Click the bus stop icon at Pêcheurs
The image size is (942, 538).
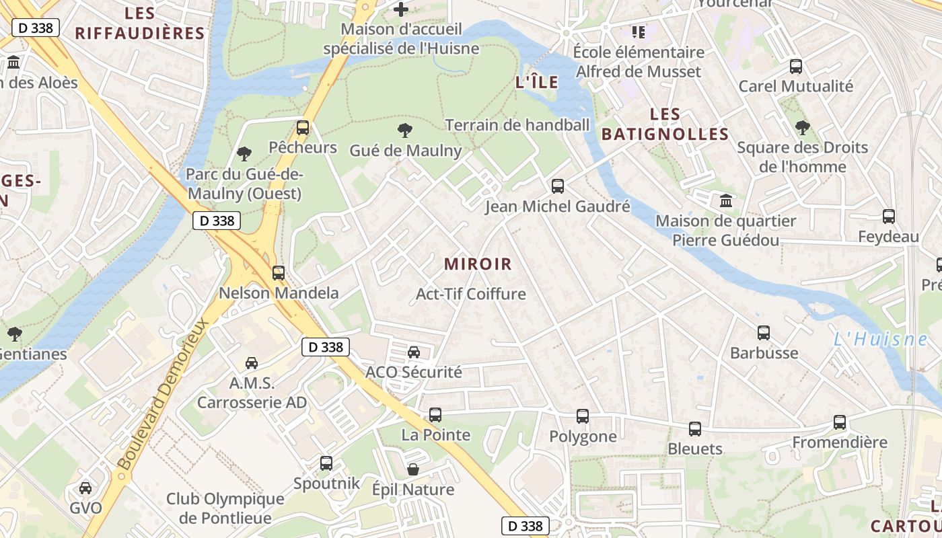pyautogui.click(x=303, y=128)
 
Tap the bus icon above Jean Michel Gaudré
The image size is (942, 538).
pyautogui.click(x=558, y=186)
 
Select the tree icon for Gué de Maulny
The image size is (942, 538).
pyautogui.click(x=405, y=130)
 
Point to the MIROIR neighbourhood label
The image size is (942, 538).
pyautogui.click(x=478, y=264)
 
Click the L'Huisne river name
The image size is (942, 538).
pyautogui.click(x=880, y=340)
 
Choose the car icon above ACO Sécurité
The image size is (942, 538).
pyautogui.click(x=414, y=352)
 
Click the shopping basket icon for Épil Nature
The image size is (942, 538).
pyautogui.click(x=413, y=469)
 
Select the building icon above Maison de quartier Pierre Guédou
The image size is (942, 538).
pyautogui.click(x=726, y=201)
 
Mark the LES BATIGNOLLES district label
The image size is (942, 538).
pyautogui.click(x=665, y=124)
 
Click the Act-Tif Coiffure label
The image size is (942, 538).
pyautogui.click(x=471, y=294)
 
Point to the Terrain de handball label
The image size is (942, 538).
pyautogui.click(x=517, y=125)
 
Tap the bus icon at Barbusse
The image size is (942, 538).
pyautogui.click(x=764, y=333)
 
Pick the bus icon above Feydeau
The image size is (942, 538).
pyautogui.click(x=889, y=217)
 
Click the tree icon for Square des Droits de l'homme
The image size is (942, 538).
pyautogui.click(x=802, y=127)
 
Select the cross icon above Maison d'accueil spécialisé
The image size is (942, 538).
pyautogui.click(x=401, y=9)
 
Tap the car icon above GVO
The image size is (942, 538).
pyautogui.click(x=85, y=488)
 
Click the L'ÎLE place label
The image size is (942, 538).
pyautogui.click(x=536, y=83)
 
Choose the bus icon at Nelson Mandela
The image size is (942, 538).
pyautogui.click(x=279, y=273)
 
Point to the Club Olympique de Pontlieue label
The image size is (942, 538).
pyautogui.click(x=225, y=508)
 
